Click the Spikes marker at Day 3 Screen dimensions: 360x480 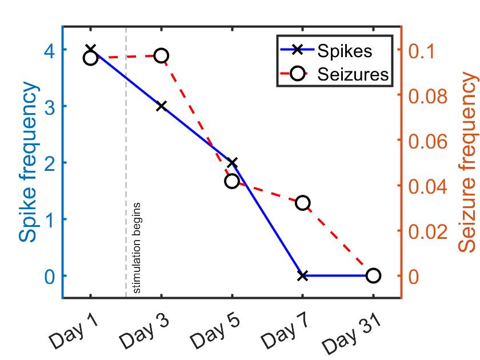tap(161, 106)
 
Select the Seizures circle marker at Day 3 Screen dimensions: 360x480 tap(161, 55)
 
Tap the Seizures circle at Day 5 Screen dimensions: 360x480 tap(231, 181)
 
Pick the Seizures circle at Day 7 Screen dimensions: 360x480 tap(303, 203)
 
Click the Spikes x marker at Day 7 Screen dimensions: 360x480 tap(303, 275)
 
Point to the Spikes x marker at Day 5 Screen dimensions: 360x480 tap(231, 163)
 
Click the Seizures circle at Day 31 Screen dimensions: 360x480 tap(373, 275)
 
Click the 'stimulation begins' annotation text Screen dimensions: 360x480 tap(137, 247)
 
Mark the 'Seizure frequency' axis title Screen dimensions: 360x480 tap(467, 163)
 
